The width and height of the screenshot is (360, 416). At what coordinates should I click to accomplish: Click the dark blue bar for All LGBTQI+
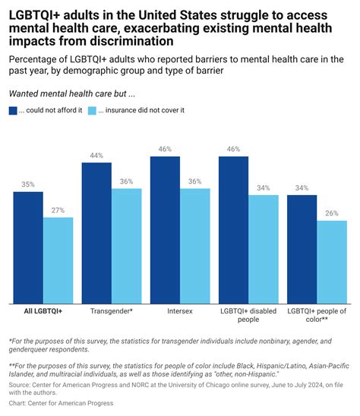[28, 247]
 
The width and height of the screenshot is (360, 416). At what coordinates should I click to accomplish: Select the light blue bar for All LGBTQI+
[58, 260]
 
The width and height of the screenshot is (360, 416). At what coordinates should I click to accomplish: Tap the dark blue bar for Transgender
[96, 232]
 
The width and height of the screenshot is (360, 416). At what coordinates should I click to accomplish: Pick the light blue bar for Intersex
[195, 245]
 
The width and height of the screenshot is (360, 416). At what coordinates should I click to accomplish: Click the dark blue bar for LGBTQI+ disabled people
[234, 229]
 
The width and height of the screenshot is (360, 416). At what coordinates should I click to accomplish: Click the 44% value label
[96, 155]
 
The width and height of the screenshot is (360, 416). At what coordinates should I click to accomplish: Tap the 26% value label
[332, 213]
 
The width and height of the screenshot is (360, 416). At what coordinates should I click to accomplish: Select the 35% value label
[28, 184]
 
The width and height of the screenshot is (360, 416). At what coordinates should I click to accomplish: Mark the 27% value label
[58, 210]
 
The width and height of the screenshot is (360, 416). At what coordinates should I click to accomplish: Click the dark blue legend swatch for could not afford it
[13, 110]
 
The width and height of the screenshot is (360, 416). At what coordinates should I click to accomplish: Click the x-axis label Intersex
[180, 311]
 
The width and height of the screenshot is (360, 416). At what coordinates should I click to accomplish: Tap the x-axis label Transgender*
[112, 311]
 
